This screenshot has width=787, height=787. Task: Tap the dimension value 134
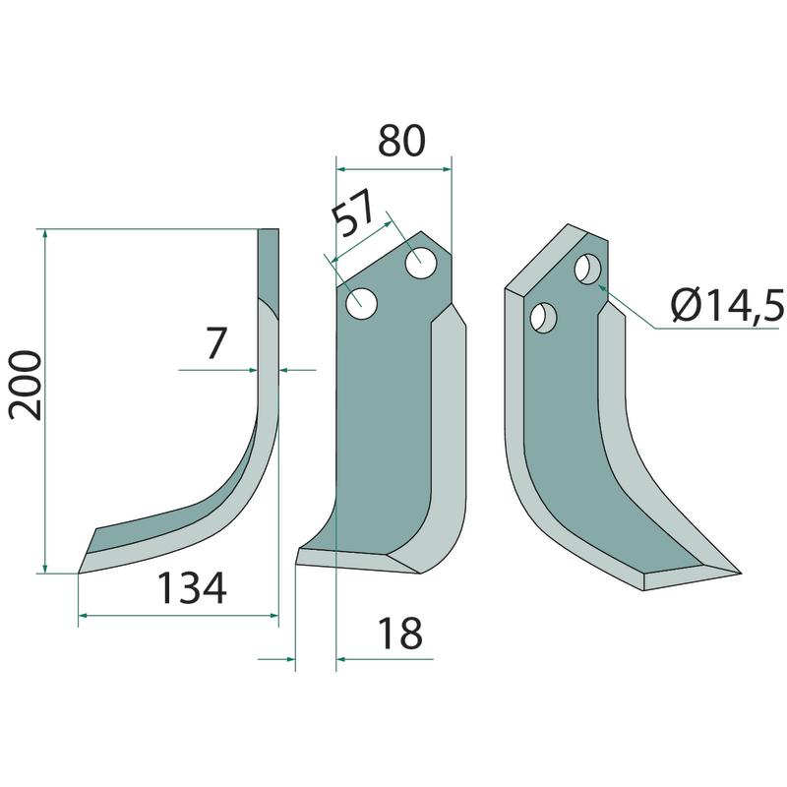(x=192, y=588)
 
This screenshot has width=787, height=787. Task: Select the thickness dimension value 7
(x=214, y=342)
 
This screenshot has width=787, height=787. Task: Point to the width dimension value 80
(x=401, y=141)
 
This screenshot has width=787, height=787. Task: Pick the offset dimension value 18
(x=400, y=634)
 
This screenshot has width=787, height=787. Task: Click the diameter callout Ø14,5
(x=727, y=306)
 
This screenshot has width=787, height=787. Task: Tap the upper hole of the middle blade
(x=421, y=263)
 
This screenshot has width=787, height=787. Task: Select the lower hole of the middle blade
(x=361, y=304)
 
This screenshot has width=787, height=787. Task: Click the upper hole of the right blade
(x=588, y=270)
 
